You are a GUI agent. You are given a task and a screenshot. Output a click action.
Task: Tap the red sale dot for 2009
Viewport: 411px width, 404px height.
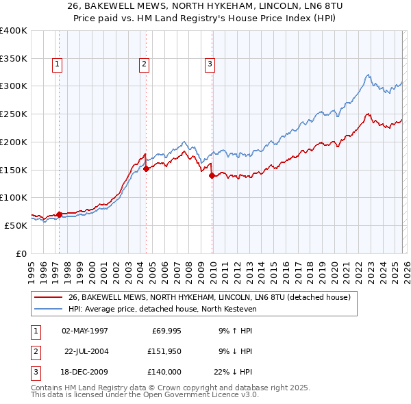pyautogui.click(x=212, y=176)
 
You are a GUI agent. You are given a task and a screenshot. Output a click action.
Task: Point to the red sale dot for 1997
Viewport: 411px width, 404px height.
pyautogui.click(x=59, y=214)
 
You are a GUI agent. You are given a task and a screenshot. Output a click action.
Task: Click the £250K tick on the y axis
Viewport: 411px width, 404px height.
pyautogui.click(x=14, y=114)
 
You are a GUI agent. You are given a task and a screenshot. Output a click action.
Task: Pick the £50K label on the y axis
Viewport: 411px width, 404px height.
pyautogui.click(x=16, y=225)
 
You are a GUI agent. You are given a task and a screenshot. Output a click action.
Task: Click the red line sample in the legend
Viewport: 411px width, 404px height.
pyautogui.click(x=49, y=297)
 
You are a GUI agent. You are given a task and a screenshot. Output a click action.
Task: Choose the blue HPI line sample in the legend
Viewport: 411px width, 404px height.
pyautogui.click(x=49, y=309)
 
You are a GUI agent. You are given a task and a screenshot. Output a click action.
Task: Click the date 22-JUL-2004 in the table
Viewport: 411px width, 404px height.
pyautogui.click(x=86, y=351)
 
